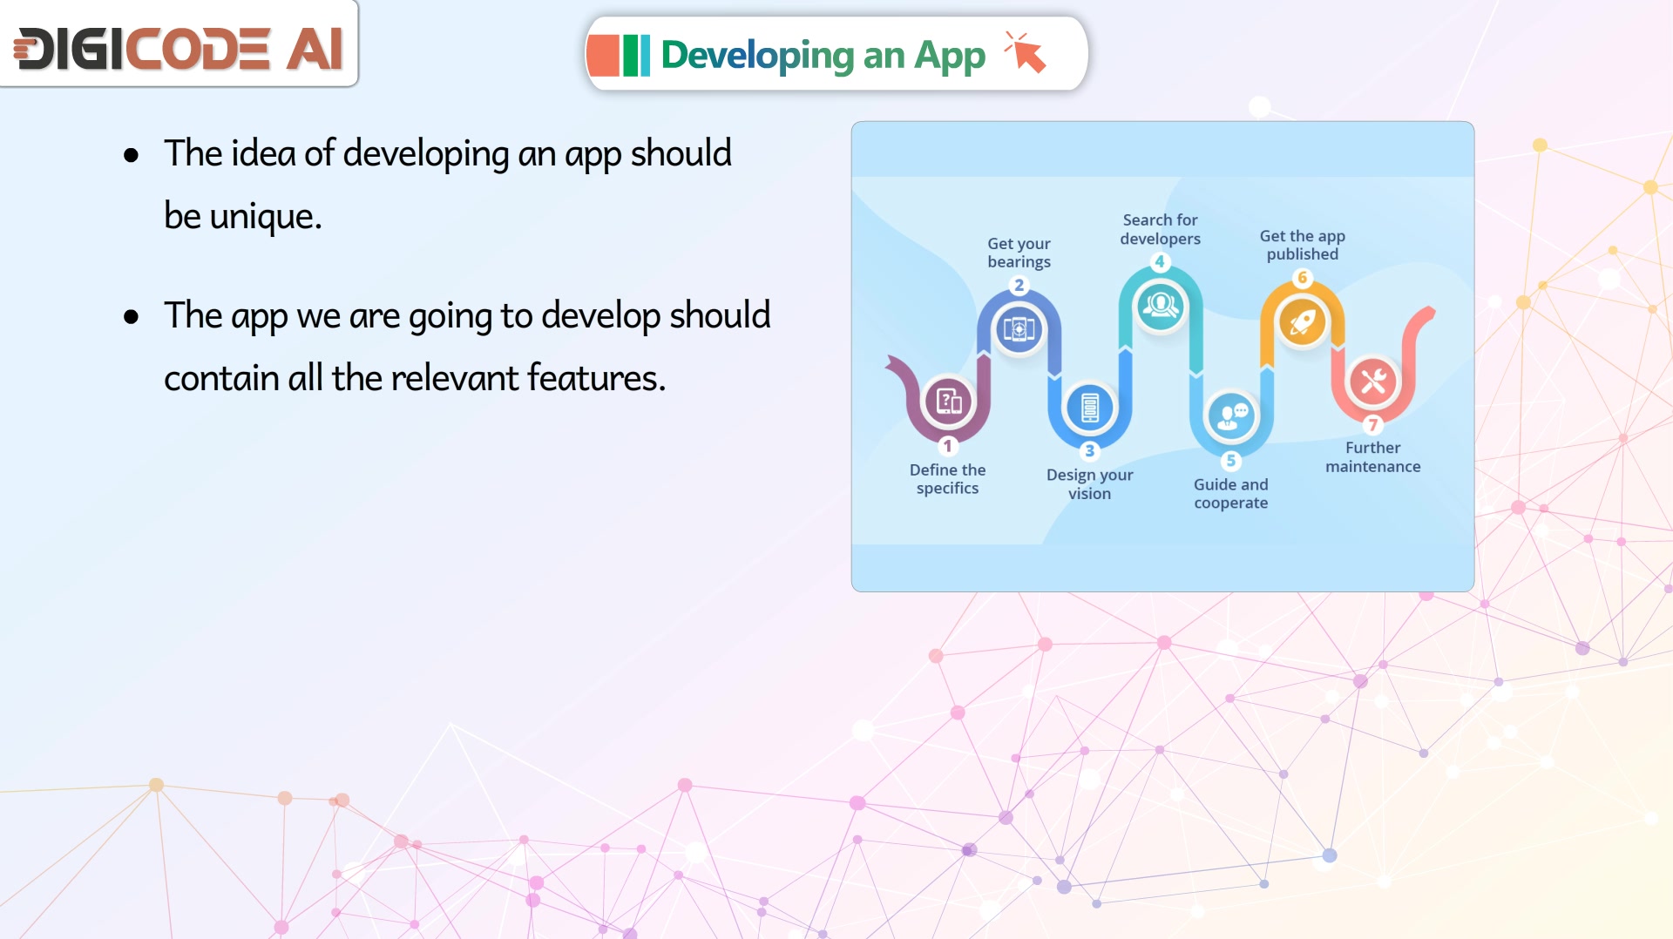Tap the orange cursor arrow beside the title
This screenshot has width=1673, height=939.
coord(1026,52)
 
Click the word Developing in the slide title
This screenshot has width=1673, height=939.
coord(757,56)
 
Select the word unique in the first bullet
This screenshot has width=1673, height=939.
coord(265,216)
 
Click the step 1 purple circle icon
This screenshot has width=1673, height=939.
coord(948,401)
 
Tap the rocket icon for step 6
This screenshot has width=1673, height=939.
coord(1302,321)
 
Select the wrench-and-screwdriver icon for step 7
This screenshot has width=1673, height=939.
coord(1372,381)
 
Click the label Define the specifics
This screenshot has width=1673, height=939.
coord(948,479)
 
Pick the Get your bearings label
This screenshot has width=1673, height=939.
coord(1019,253)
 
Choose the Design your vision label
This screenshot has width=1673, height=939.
coord(1089,484)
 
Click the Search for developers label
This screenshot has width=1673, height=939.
coord(1160,229)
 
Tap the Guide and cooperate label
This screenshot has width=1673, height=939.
coord(1230,494)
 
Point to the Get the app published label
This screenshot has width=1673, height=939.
coord(1302,245)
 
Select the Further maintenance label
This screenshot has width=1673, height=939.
coord(1372,457)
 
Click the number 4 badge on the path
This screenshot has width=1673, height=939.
coord(1159,261)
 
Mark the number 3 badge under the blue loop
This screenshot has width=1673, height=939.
coord(1089,450)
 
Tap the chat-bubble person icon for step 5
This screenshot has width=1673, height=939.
coord(1230,415)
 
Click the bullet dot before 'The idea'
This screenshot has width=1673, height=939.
coord(131,156)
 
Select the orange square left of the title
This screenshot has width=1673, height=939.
coord(603,56)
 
